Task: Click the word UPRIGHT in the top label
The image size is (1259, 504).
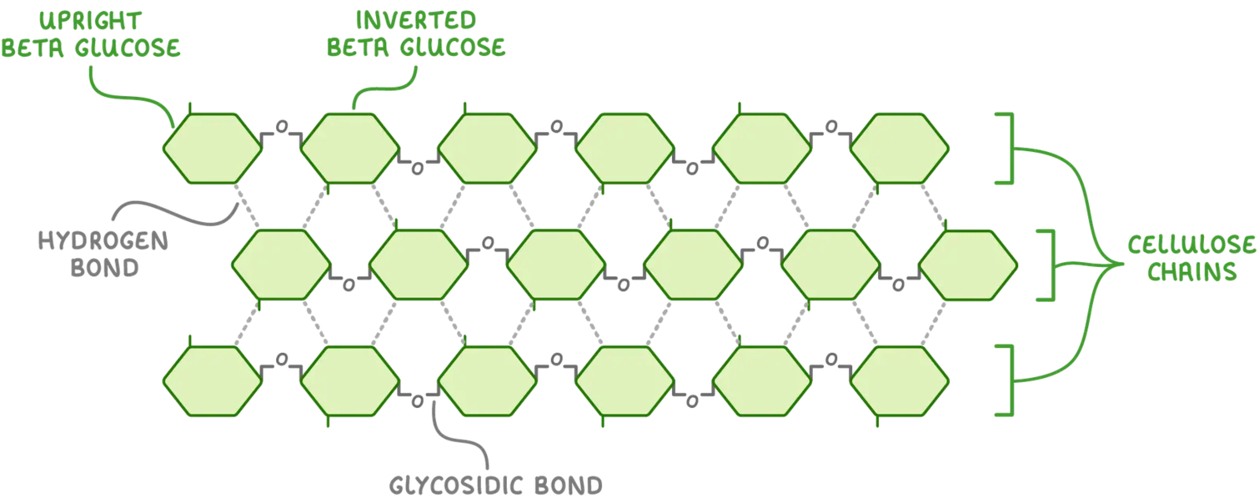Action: pyautogui.click(x=90, y=21)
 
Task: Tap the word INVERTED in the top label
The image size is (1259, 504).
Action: pyautogui.click(x=415, y=20)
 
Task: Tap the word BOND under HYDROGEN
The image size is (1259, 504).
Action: pyautogui.click(x=105, y=268)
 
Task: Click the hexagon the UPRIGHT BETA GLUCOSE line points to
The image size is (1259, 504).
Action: pyautogui.click(x=212, y=148)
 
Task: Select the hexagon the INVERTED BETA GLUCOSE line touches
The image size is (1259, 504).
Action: pyautogui.click(x=350, y=148)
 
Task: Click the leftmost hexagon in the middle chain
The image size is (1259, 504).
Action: pyautogui.click(x=281, y=265)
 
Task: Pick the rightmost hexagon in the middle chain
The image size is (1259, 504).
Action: pyautogui.click(x=968, y=265)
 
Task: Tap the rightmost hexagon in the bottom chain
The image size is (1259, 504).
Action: pyautogui.click(x=899, y=381)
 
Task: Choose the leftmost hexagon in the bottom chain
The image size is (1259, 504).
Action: pyautogui.click(x=212, y=381)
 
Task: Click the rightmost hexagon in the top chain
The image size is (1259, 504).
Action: pyautogui.click(x=899, y=148)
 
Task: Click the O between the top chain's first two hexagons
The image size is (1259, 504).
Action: pyautogui.click(x=282, y=127)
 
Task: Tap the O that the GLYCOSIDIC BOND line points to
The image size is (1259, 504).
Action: pyautogui.click(x=417, y=402)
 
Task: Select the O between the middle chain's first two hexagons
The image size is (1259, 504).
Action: pyautogui.click(x=349, y=285)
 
